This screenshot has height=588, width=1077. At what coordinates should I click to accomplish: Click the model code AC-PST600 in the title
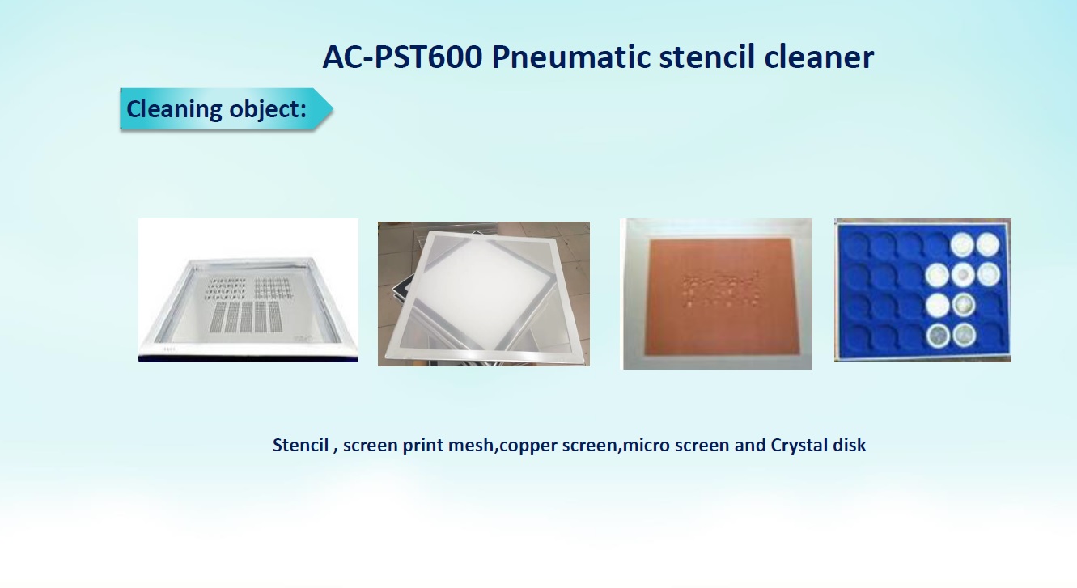pyautogui.click(x=402, y=57)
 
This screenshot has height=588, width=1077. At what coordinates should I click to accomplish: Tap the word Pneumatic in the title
pyautogui.click(x=570, y=57)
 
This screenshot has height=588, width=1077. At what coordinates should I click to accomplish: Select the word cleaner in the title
pyautogui.click(x=819, y=57)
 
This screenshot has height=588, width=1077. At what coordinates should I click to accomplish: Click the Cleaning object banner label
pyautogui.click(x=216, y=108)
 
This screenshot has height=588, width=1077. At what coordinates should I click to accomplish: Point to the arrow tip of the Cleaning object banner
pyautogui.click(x=333, y=108)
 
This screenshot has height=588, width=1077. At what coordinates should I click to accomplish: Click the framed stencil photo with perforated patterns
pyautogui.click(x=248, y=290)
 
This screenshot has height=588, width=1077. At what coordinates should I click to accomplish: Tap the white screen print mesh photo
pyautogui.click(x=484, y=294)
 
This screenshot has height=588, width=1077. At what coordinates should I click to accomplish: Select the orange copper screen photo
pyautogui.click(x=718, y=294)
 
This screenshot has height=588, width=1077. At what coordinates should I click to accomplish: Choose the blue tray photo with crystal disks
pyautogui.click(x=922, y=290)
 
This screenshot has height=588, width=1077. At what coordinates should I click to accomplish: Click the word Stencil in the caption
pyautogui.click(x=300, y=445)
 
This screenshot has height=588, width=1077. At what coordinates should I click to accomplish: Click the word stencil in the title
pyautogui.click(x=706, y=57)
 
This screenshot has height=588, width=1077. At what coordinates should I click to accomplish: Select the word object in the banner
pyautogui.click(x=268, y=109)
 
